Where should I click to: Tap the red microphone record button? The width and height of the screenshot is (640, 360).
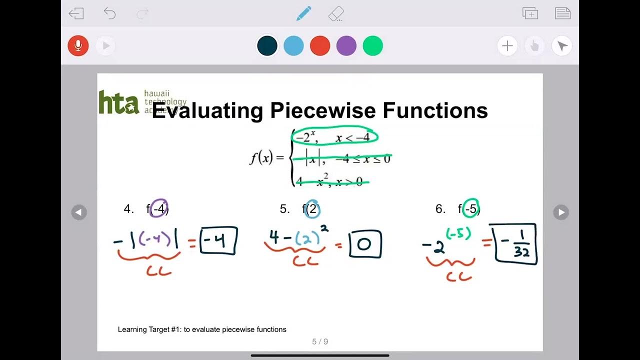pos(78,46)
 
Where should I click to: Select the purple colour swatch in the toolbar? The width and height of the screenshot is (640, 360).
pos(346,46)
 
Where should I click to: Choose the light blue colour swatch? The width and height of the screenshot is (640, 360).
pos(293,46)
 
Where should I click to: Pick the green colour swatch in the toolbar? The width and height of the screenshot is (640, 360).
pos(372,46)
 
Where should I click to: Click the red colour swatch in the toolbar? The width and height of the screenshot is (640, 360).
pos(320,46)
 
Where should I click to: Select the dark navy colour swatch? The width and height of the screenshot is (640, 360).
pos(267,46)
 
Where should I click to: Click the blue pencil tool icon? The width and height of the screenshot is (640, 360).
pos(303,13)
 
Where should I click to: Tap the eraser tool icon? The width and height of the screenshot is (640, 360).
pos(336,13)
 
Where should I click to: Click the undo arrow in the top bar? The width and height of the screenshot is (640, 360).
pos(109,13)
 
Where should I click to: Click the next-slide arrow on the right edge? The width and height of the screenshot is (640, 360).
pos(561,212)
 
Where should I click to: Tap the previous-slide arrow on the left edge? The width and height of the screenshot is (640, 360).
pos(78,212)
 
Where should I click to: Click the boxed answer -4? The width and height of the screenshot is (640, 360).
pos(218,241)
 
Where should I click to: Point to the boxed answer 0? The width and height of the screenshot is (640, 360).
pos(365,244)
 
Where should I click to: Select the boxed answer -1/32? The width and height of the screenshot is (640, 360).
pos(515,244)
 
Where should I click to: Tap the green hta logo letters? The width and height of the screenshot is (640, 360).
pos(118,102)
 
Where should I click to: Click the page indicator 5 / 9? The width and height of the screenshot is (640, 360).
pos(320,342)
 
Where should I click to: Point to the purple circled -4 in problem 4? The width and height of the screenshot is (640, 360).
pos(159,208)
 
